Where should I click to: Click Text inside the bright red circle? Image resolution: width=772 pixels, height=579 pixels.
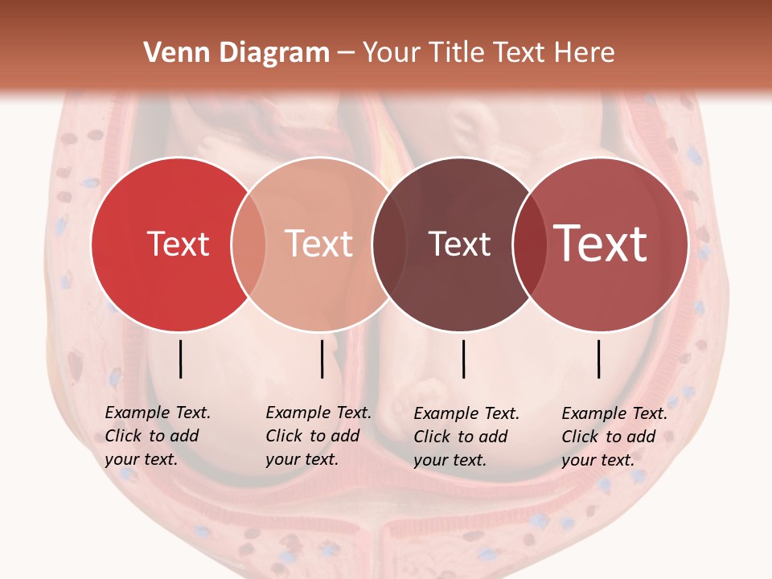[x=178, y=244]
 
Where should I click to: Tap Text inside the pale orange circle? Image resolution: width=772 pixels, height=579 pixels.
[x=319, y=244]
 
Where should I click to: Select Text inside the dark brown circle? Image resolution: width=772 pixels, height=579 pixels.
[x=460, y=244]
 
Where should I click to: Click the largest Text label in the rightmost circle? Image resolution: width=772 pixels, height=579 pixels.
[x=601, y=244]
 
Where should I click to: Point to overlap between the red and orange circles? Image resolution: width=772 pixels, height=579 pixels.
[x=248, y=244]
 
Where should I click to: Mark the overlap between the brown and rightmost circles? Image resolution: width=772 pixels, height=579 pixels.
[x=530, y=244]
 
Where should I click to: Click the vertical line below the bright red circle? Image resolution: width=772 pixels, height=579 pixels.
[x=180, y=359]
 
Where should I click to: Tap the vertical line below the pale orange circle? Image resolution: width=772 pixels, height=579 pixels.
[x=322, y=359]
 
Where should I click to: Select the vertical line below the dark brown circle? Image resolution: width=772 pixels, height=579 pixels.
[x=464, y=359]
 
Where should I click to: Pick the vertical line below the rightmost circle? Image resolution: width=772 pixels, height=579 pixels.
[x=599, y=359]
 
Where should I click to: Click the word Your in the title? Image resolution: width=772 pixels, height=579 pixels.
[x=391, y=53]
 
